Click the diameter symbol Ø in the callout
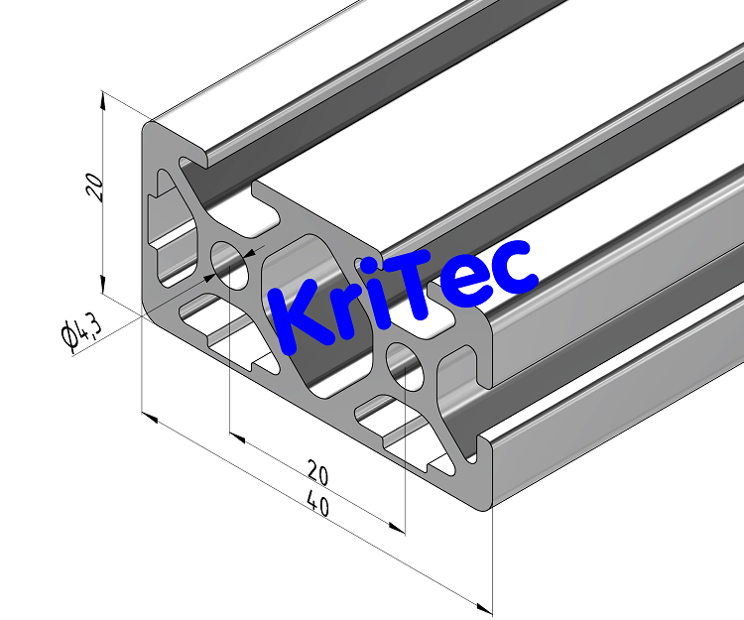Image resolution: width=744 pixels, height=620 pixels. point(70,339)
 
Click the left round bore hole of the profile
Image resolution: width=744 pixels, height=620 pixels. point(232,264)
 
